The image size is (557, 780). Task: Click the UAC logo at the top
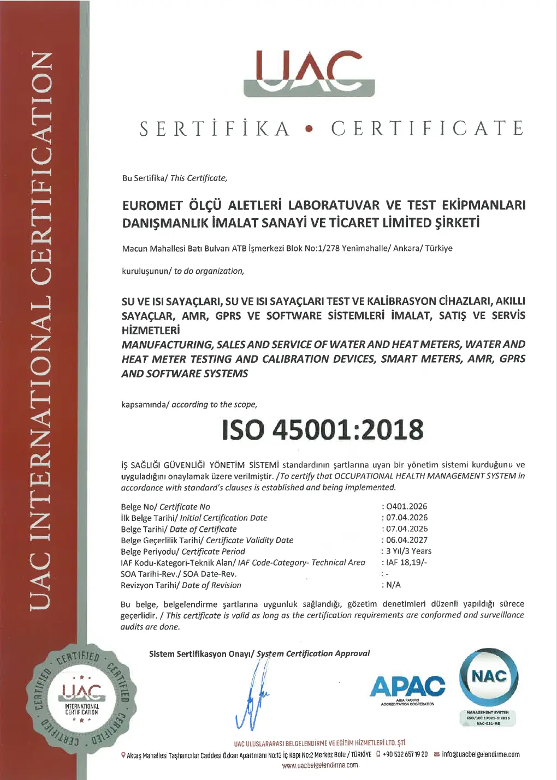(309, 73)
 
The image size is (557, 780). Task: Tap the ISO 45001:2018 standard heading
(322, 430)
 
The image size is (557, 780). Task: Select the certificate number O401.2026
(407, 506)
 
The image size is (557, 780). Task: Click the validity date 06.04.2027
(407, 540)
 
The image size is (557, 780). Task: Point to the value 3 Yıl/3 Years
(408, 551)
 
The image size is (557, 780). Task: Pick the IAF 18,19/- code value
(406, 562)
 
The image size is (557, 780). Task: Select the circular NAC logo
(489, 677)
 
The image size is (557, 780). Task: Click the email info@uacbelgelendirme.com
(481, 754)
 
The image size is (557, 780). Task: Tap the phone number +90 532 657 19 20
(405, 754)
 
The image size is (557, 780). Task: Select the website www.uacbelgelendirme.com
(320, 765)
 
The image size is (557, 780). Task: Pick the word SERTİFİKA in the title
(215, 129)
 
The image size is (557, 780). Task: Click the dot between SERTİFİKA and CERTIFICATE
(310, 130)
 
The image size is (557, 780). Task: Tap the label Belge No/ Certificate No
(165, 507)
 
